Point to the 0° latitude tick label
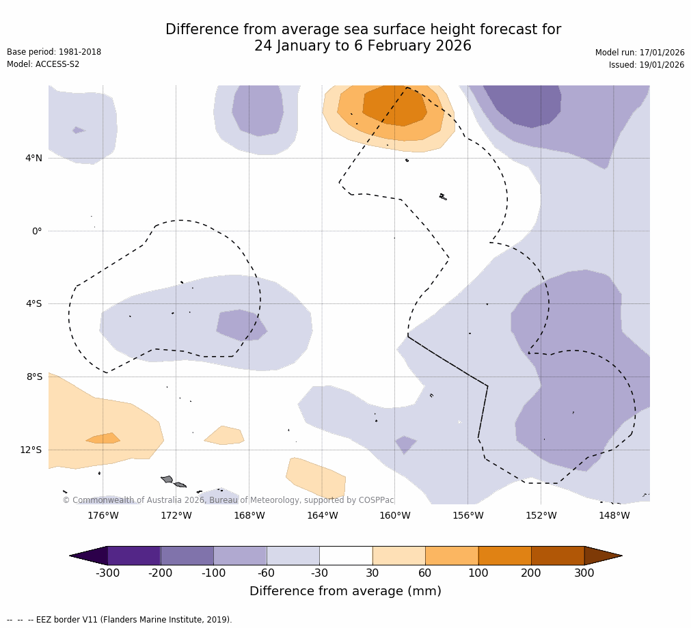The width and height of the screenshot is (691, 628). point(37,231)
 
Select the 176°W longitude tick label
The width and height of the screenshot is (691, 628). point(103,516)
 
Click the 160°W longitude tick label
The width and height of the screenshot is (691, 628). point(394,516)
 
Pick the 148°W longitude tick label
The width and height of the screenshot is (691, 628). point(614,516)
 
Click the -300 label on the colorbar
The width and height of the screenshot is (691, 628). point(107,573)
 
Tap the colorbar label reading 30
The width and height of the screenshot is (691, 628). point(372,573)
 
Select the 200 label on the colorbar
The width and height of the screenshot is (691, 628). point(531,573)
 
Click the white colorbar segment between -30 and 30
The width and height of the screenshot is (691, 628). point(346,556)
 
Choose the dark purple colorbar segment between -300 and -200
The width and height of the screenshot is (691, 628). point(134,556)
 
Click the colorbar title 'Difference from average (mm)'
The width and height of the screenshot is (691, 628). point(345,592)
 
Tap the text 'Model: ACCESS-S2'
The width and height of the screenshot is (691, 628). point(43,64)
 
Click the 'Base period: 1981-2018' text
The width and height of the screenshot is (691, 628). point(54,52)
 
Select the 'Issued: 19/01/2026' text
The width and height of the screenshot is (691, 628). point(647,65)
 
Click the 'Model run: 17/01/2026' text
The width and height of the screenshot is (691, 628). point(640,53)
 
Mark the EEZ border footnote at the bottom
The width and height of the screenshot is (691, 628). point(120,620)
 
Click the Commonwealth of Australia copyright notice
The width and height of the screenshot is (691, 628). point(228,500)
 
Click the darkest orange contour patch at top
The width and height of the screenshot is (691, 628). point(394,107)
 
